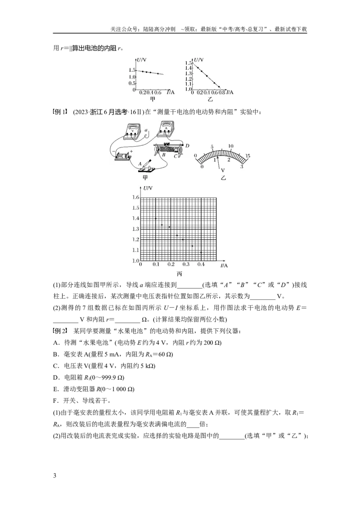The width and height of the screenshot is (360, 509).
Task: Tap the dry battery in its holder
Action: tap(123, 157)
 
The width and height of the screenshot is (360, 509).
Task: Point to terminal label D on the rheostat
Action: tap(187, 145)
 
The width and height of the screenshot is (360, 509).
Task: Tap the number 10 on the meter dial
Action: tap(231, 146)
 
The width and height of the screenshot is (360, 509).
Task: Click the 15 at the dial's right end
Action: tap(247, 156)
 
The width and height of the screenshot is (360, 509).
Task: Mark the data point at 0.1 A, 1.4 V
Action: tap(156, 219)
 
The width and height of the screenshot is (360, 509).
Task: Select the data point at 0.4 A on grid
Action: tap(201, 252)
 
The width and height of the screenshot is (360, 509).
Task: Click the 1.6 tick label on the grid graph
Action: tap(135, 197)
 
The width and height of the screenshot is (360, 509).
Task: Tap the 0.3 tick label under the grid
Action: tap(186, 264)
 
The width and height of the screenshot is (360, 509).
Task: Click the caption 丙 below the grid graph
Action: tap(179, 274)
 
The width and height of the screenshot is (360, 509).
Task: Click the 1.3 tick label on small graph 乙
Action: tap(189, 74)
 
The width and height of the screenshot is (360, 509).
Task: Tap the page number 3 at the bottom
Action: tap(54, 476)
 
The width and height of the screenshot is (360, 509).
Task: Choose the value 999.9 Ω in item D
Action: tap(109, 377)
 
